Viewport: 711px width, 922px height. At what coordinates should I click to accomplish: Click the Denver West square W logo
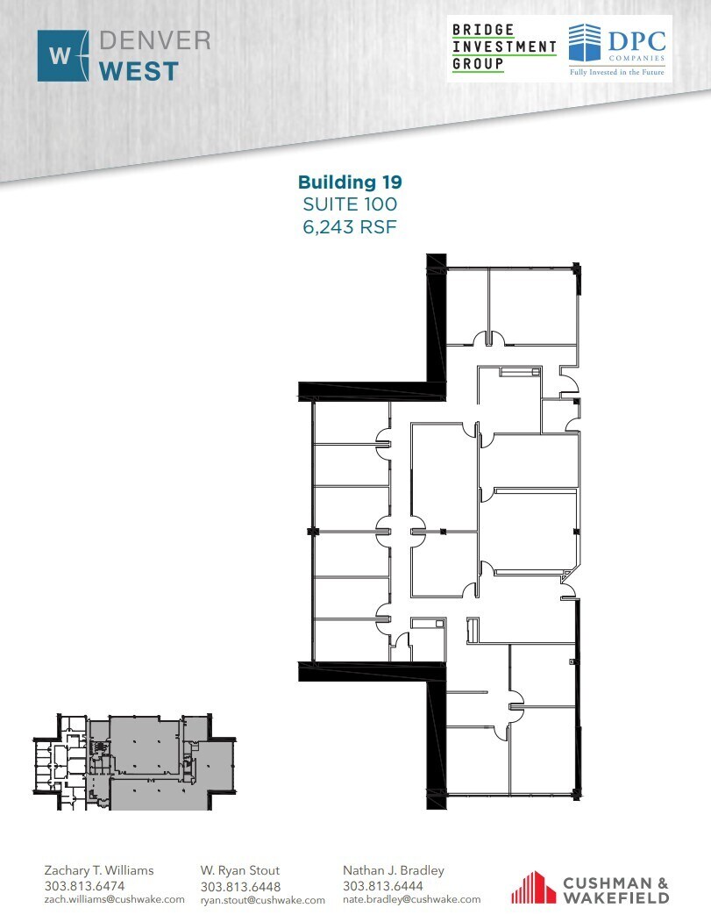coord(62,56)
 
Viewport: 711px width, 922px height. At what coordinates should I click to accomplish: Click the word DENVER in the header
coord(154,41)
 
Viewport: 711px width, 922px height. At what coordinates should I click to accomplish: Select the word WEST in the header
coord(139,70)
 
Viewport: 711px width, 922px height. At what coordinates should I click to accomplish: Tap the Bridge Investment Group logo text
coord(503,47)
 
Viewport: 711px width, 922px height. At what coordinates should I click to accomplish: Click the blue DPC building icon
coord(588,45)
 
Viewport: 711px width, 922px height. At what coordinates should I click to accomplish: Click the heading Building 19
coord(350,182)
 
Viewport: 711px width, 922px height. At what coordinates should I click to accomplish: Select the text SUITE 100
coord(350,204)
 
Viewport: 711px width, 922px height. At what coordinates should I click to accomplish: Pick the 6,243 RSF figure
coord(350,226)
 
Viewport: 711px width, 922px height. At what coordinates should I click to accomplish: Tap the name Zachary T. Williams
coord(99,870)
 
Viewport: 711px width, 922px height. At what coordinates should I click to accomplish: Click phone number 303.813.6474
coord(84,886)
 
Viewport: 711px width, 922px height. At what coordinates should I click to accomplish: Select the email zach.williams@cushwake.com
coord(114,899)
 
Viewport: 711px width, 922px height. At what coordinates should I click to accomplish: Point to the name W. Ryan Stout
coord(240,870)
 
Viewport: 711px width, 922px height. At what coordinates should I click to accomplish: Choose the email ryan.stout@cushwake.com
coord(262,900)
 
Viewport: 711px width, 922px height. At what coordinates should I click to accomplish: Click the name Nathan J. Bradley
coord(394,870)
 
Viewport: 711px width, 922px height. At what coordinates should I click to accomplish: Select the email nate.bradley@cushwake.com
coord(412,899)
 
